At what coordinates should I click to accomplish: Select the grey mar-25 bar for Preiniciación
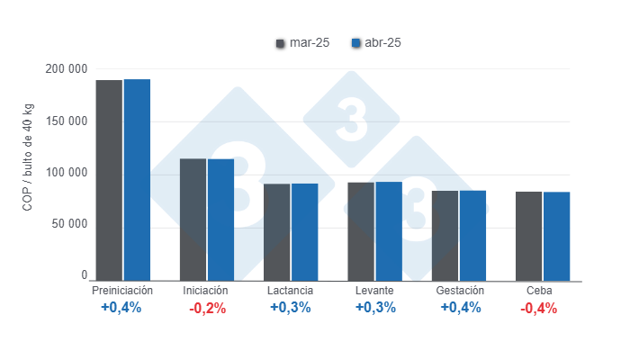coord(109,180)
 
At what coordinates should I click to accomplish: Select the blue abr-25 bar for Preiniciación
coord(137,179)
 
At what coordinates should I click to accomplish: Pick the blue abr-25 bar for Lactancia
coord(304,231)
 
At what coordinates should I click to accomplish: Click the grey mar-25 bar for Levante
coord(361,230)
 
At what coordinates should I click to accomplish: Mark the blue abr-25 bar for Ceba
coord(557,236)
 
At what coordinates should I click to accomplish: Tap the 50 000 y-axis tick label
coord(68,224)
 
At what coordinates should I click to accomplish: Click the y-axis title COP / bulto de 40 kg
coord(28,173)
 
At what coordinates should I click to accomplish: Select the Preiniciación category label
coord(122,292)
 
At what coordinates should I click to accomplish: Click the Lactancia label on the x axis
coord(291,292)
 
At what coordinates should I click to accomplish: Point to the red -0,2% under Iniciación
coord(207,308)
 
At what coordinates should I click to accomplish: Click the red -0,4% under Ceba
coord(540,308)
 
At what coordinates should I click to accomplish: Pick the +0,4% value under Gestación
coord(459,308)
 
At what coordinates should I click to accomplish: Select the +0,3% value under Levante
coord(374,308)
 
